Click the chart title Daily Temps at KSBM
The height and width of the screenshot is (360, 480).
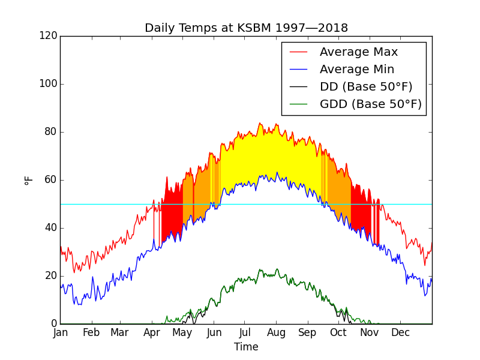246,28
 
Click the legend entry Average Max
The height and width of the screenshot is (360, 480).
358,52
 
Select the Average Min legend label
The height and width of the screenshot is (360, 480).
357,70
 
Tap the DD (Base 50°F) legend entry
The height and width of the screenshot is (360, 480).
366,87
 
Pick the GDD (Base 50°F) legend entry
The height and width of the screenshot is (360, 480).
371,104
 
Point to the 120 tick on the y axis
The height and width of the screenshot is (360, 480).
50,36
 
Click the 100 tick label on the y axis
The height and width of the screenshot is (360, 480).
50,84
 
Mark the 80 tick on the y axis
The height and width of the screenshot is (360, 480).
53,132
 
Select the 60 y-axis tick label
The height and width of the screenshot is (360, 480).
53,180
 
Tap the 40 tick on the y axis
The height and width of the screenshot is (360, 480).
53,228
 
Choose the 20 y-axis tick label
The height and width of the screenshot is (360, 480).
53,276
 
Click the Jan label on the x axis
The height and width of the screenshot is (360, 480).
60,332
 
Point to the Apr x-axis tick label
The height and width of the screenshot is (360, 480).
152,332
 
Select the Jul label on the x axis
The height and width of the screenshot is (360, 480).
244,332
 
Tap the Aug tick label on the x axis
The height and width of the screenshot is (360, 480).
276,332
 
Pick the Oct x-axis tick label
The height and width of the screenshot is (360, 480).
338,332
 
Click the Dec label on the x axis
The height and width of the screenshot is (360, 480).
400,332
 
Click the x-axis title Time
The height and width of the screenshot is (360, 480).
246,347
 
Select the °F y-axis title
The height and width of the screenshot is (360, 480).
28,180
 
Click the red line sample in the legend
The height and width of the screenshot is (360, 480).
298,53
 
